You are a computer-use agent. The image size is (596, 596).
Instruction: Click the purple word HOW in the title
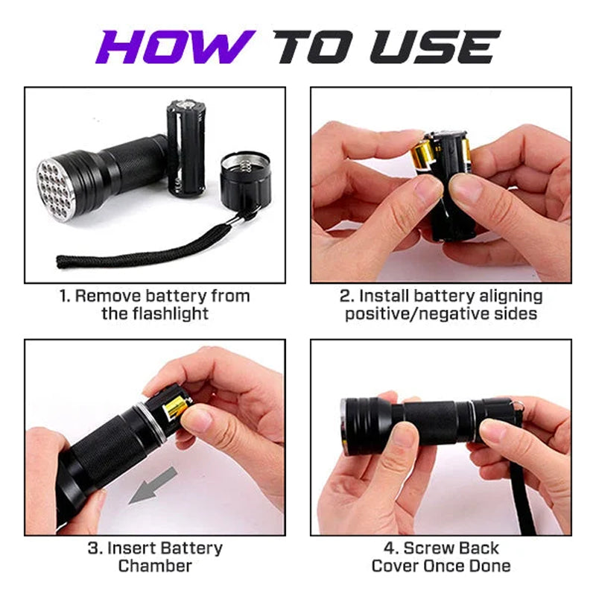tap(175, 47)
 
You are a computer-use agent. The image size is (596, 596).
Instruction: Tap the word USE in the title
tap(434, 47)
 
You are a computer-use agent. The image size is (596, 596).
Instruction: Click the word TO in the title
tap(317, 47)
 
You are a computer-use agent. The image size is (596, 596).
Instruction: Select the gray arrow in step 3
tap(153, 485)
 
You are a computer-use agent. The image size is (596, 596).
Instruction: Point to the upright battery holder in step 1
tap(186, 148)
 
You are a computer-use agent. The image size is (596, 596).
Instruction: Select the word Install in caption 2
tap(384, 296)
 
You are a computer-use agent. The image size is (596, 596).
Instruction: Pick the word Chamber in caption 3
tap(155, 565)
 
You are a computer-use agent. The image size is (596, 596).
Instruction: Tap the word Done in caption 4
tap(490, 565)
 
